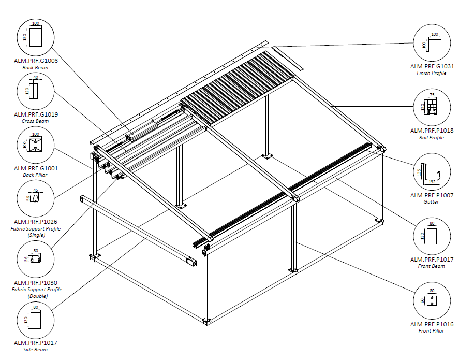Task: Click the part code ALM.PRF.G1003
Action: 36,61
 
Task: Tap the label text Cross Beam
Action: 36,121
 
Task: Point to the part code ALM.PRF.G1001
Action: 36,168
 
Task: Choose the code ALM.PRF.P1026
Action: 36,222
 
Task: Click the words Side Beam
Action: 36,350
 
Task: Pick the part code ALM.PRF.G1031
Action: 432,66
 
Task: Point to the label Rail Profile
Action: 432,138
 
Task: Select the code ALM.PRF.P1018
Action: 432,131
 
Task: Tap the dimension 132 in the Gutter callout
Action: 431,182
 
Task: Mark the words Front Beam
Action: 432,266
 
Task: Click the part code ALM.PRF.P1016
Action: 432,324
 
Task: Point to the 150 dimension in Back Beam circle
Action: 24,38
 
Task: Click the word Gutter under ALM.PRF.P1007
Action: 432,202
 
